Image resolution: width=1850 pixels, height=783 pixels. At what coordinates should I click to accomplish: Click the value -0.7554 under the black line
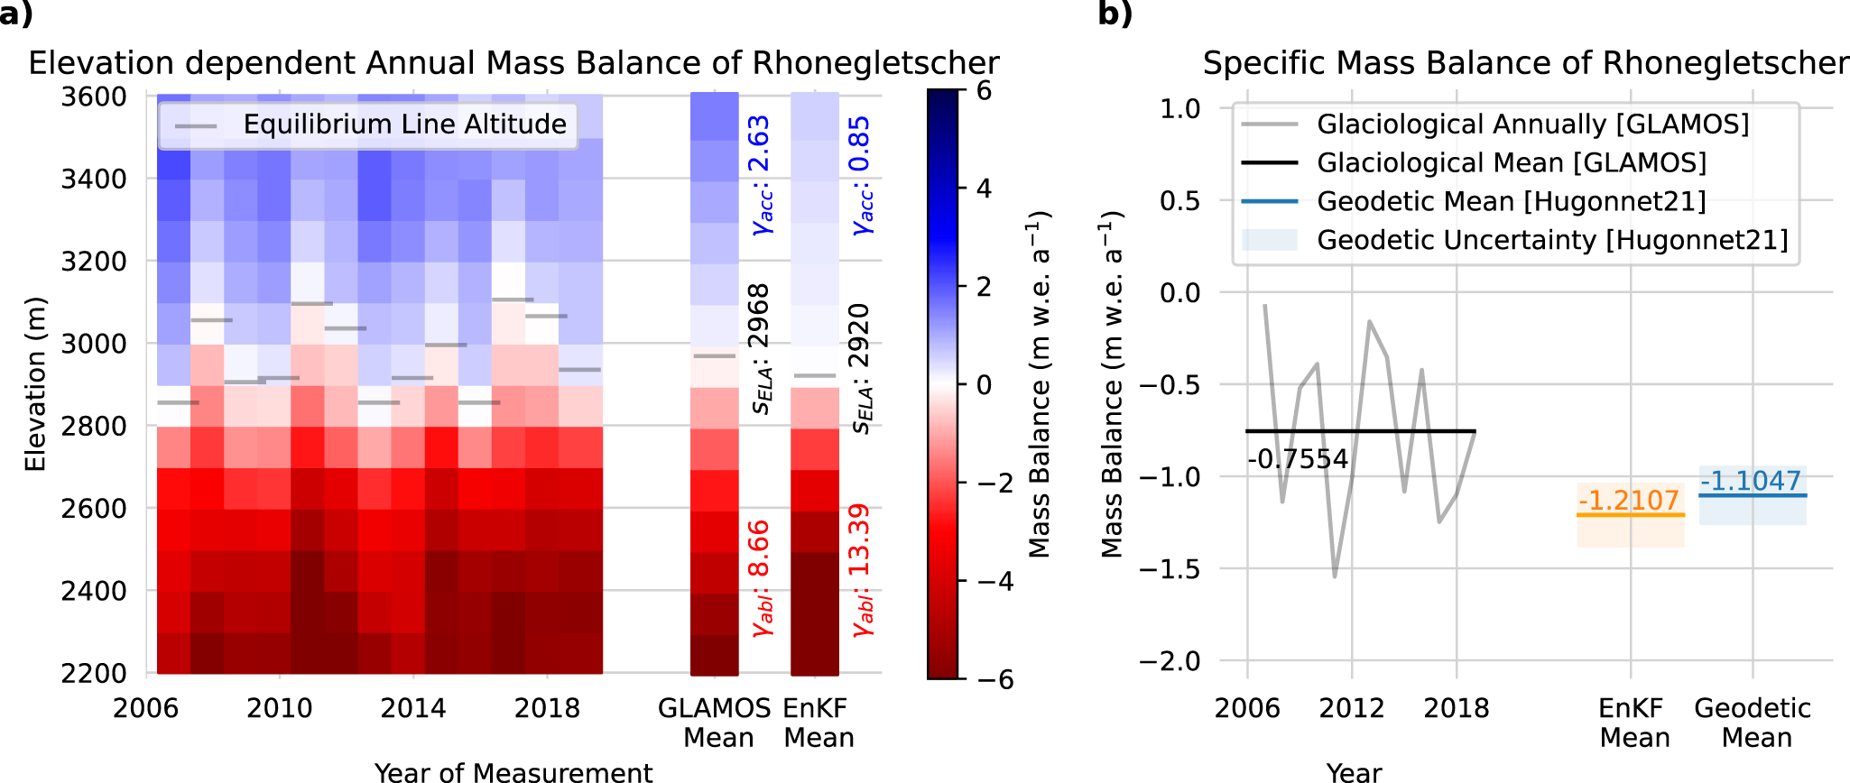coord(1298,459)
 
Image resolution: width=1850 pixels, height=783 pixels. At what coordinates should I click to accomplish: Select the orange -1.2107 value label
coord(1629,500)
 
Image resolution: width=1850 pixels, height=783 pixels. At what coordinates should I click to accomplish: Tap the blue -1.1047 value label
coord(1751,481)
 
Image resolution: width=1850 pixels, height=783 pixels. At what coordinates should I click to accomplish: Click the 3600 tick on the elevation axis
coord(93,97)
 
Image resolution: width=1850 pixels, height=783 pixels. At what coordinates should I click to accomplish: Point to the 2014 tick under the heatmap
coord(413,708)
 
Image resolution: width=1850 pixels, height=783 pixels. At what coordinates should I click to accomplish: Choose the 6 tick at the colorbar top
coord(984,91)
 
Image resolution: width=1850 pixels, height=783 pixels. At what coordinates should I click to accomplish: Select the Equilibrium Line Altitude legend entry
coord(404,124)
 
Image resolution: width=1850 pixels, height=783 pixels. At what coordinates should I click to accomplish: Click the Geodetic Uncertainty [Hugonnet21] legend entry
coord(1552,240)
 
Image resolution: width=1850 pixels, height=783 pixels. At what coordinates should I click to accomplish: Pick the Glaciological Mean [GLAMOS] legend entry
coord(1512,162)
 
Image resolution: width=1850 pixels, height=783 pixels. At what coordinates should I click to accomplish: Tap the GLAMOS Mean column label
coord(715,723)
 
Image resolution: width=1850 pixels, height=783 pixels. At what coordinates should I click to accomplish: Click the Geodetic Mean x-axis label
coord(1753,723)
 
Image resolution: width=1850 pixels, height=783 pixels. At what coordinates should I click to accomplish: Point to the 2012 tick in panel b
coord(1352,708)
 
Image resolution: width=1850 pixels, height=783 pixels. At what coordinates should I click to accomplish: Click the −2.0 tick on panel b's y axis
coord(1169,661)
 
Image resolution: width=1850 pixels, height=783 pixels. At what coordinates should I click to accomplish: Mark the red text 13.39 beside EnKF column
coord(859,539)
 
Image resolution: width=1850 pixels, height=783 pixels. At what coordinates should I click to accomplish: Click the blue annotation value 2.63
coord(759,143)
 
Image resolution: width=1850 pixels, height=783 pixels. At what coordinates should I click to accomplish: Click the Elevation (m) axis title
coord(35,384)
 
